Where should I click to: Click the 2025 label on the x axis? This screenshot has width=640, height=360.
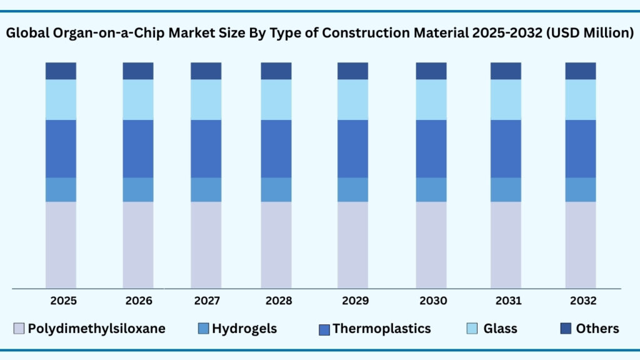click(x=63, y=301)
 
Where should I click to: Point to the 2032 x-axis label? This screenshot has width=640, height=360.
click(x=582, y=301)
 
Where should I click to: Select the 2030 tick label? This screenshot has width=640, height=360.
click(x=433, y=301)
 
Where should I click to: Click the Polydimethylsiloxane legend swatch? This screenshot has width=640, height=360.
click(x=19, y=329)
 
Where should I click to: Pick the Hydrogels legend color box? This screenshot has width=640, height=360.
click(x=202, y=329)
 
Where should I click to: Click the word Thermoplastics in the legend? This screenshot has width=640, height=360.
click(x=381, y=328)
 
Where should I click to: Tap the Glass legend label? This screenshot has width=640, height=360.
click(x=500, y=328)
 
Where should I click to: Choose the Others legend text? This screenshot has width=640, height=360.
click(x=597, y=328)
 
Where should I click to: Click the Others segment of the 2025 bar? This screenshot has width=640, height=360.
click(x=61, y=71)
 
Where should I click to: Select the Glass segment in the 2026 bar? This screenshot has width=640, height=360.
click(x=138, y=99)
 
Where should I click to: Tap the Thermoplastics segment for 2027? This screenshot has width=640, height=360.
click(x=206, y=148)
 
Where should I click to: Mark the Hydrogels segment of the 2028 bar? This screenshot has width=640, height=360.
click(x=276, y=189)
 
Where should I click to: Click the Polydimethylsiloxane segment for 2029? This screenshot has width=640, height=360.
click(x=352, y=245)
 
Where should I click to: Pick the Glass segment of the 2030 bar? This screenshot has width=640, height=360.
click(x=431, y=99)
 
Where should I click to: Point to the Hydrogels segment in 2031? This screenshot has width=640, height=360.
click(x=506, y=189)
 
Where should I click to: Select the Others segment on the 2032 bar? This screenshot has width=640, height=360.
click(x=581, y=71)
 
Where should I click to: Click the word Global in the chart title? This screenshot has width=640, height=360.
click(x=26, y=34)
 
